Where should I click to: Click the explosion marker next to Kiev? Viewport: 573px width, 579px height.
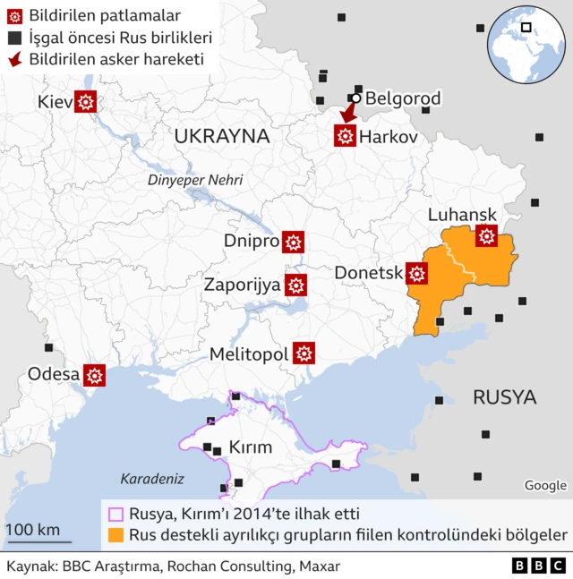pyautogui.click(x=86, y=102)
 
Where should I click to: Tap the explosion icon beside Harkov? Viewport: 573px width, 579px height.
pyautogui.click(x=345, y=136)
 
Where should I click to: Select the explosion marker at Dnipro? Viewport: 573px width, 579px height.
pyautogui.click(x=293, y=242)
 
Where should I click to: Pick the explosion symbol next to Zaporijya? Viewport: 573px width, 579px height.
pyautogui.click(x=296, y=285)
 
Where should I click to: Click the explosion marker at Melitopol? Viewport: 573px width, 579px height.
pyautogui.click(x=304, y=353)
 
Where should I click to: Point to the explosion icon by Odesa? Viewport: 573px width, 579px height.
pyautogui.click(x=95, y=375)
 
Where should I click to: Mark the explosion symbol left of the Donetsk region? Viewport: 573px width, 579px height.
pyautogui.click(x=416, y=273)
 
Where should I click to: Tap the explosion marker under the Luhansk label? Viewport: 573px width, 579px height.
pyautogui.click(x=487, y=235)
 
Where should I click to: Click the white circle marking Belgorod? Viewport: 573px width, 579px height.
pyautogui.click(x=356, y=98)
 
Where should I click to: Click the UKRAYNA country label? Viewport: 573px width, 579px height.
pyautogui.click(x=222, y=136)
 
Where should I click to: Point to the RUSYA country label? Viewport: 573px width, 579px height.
pyautogui.click(x=504, y=396)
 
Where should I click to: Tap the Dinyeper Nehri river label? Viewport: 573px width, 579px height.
pyautogui.click(x=195, y=180)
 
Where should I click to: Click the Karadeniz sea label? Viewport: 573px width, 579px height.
pyautogui.click(x=151, y=478)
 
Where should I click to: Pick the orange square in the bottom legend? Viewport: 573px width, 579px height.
pyautogui.click(x=115, y=535)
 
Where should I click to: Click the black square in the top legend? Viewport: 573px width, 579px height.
pyautogui.click(x=13, y=38)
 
